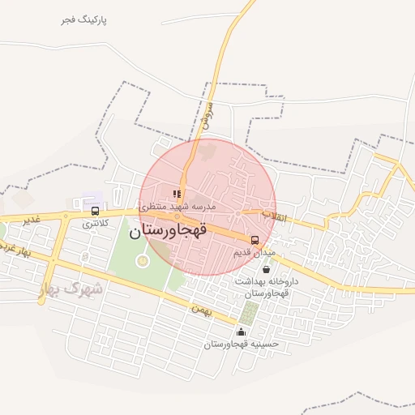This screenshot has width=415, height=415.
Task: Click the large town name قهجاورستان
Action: point(175,230)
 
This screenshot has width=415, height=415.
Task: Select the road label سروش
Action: point(207,114)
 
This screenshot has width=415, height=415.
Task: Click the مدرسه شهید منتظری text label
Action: point(178,206)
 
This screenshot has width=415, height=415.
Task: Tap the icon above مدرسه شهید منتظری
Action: point(177,194)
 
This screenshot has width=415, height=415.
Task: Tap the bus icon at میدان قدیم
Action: point(255,240)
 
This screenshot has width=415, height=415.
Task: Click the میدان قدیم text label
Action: point(255,252)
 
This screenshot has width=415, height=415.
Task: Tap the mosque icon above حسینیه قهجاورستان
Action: point(240,332)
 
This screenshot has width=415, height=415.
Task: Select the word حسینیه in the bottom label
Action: point(264,344)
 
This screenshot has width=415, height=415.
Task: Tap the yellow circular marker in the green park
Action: point(143,260)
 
